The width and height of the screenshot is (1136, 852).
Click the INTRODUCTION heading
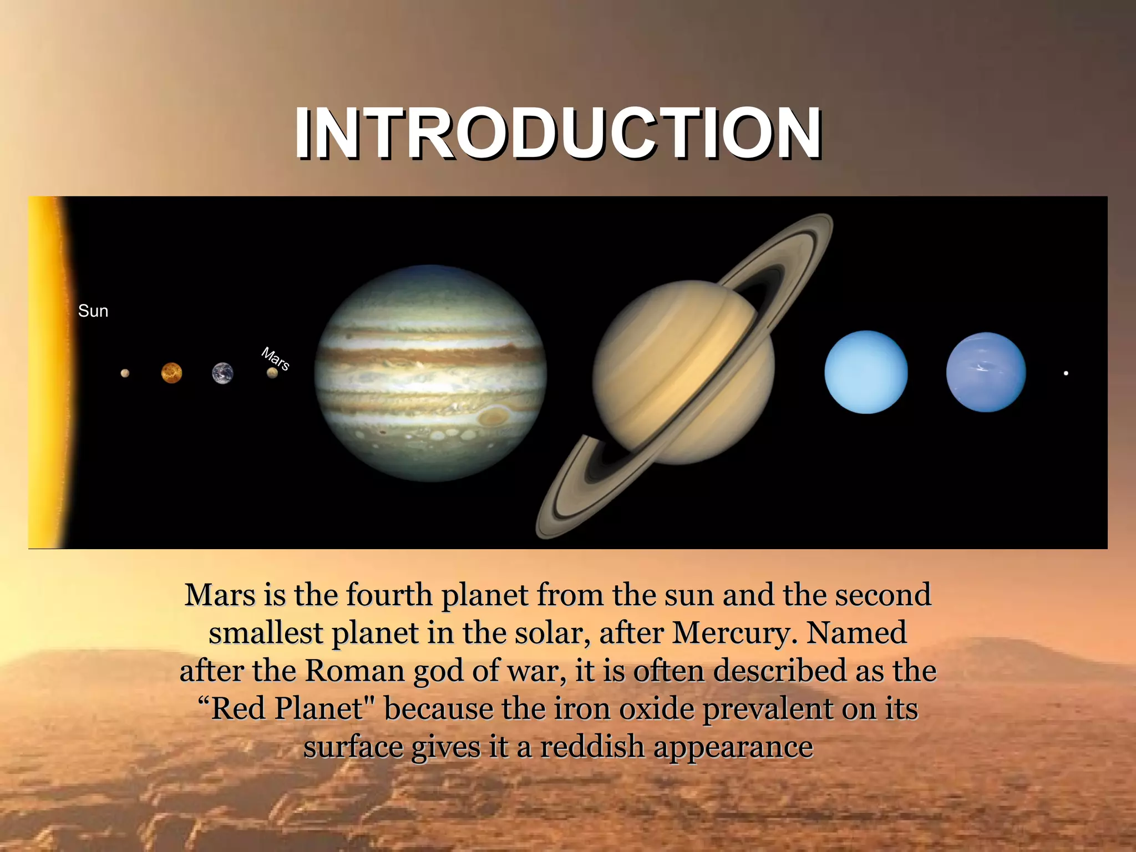tap(558, 134)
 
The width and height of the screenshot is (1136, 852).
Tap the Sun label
tap(93, 311)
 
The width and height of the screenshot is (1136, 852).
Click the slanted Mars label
tap(276, 359)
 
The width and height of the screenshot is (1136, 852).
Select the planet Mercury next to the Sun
tap(125, 373)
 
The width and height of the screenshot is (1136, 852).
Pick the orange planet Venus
tap(171, 373)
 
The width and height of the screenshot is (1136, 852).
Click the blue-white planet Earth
tap(222, 373)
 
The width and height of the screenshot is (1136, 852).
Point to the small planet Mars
tap(272, 373)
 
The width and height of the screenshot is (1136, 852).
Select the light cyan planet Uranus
tap(866, 372)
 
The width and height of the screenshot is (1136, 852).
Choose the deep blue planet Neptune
tap(986, 372)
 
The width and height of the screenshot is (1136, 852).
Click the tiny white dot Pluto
tap(1066, 373)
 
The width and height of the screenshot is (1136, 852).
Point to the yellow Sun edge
tap(47, 372)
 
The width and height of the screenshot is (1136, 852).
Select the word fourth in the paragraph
tap(389, 595)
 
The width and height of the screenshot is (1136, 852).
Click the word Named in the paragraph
tap(856, 633)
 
